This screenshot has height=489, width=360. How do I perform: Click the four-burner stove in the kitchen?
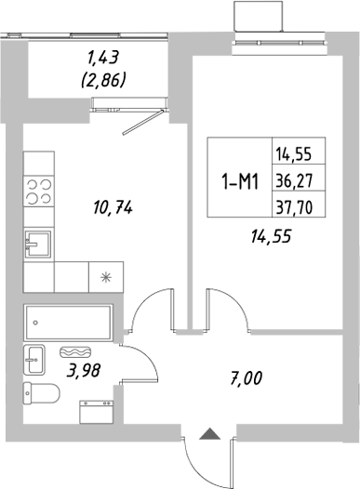click(38, 192)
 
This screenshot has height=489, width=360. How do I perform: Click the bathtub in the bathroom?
click(68, 323)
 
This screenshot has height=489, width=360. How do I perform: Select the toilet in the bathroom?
click(40, 393)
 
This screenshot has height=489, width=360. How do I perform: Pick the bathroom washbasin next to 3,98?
click(34, 357)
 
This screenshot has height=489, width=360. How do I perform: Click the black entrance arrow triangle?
click(209, 432)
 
